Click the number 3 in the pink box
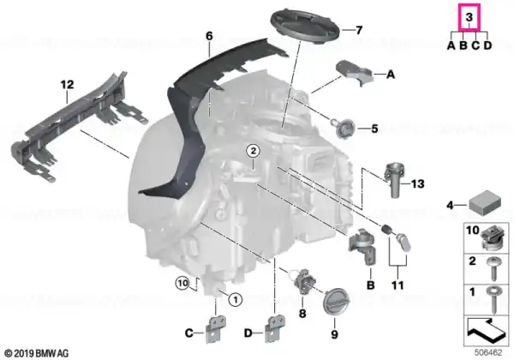click(469, 17)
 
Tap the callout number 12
click(67, 85)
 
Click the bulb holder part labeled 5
click(344, 127)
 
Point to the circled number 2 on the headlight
click(253, 151)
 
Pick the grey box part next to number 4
click(485, 201)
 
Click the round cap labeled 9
click(336, 301)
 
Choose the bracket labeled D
click(275, 328)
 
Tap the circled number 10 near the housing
click(182, 283)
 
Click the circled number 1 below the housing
click(235, 299)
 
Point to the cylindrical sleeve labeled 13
click(395, 179)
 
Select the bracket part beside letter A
click(355, 72)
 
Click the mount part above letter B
click(362, 246)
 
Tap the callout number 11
click(397, 285)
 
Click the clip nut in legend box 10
click(493, 238)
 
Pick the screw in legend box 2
click(493, 268)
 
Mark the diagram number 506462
click(488, 353)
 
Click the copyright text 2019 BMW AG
click(37, 353)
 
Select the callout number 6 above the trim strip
click(209, 36)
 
